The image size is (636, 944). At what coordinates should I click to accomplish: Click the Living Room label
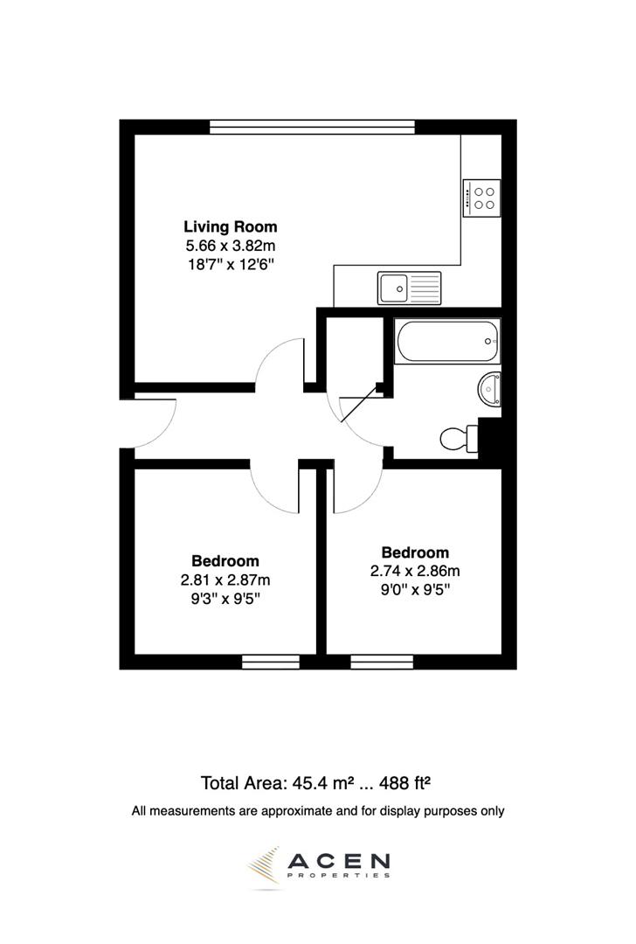point(230,227)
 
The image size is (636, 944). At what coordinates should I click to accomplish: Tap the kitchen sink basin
point(392,286)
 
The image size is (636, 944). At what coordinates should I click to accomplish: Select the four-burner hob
point(481,198)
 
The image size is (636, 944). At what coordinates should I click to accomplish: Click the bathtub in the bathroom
point(447,341)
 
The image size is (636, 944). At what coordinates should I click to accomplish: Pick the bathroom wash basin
point(491,388)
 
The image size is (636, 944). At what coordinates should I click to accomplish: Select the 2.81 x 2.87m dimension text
point(225,580)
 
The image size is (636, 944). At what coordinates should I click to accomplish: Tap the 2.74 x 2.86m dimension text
point(415,572)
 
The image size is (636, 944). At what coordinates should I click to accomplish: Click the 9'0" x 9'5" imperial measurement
point(415,590)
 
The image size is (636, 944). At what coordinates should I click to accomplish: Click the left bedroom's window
point(259,662)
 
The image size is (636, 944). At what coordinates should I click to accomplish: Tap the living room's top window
point(312,127)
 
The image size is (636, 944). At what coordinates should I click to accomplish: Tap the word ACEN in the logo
point(341,862)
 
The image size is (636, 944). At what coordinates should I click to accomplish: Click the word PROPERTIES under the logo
point(340,875)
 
